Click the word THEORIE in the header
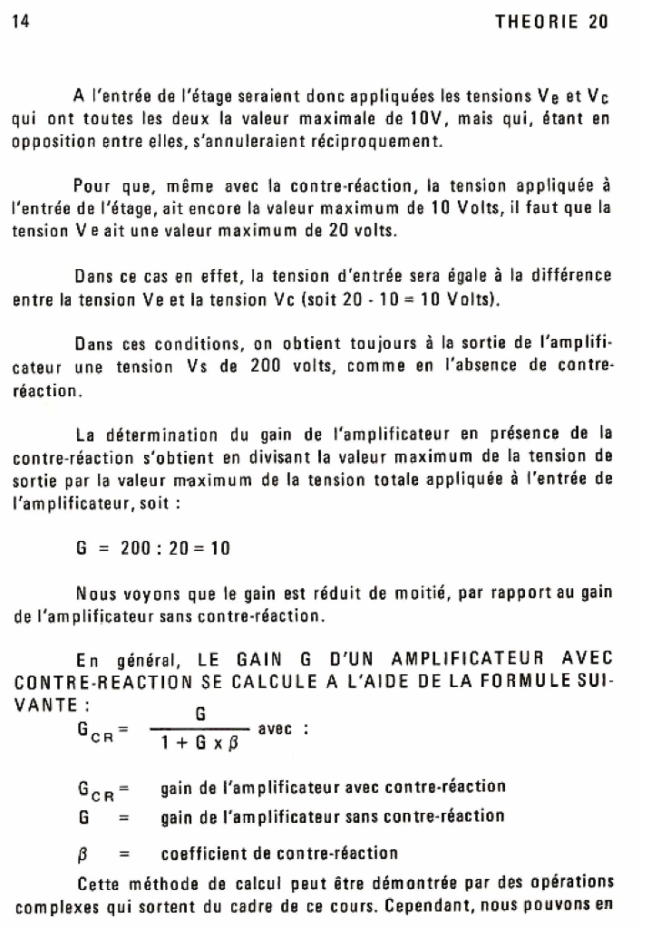point(534,21)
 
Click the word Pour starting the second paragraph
point(92,187)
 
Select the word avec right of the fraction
point(275,729)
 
